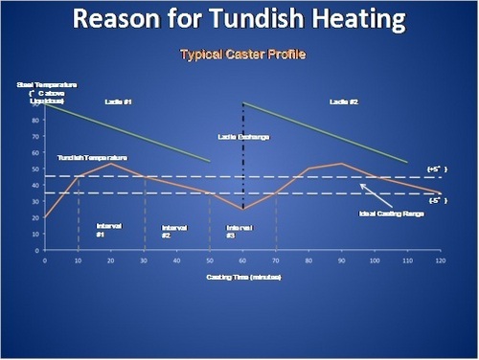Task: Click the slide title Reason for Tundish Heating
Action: tap(239, 19)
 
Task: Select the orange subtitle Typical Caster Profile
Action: tap(242, 54)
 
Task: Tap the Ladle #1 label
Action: tap(118, 101)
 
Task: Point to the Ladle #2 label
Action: tap(344, 101)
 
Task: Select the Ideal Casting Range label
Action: tap(391, 214)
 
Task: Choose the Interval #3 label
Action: tap(238, 230)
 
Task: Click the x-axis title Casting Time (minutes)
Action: tap(244, 277)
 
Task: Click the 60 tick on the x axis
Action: tap(244, 260)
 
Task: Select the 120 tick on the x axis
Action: tap(441, 260)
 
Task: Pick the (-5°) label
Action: tap(437, 199)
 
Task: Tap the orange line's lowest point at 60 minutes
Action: tap(244, 209)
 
